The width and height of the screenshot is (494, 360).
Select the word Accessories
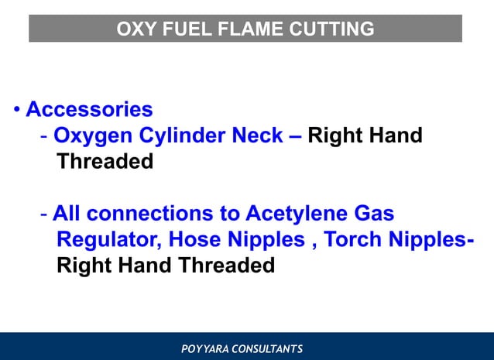[89, 109]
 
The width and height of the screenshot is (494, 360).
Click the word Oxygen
[93, 136]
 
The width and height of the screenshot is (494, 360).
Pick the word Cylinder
[182, 136]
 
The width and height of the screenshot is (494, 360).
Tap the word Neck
[258, 136]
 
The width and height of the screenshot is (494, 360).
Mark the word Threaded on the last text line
[226, 266]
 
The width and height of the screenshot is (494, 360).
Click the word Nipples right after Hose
[263, 240]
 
